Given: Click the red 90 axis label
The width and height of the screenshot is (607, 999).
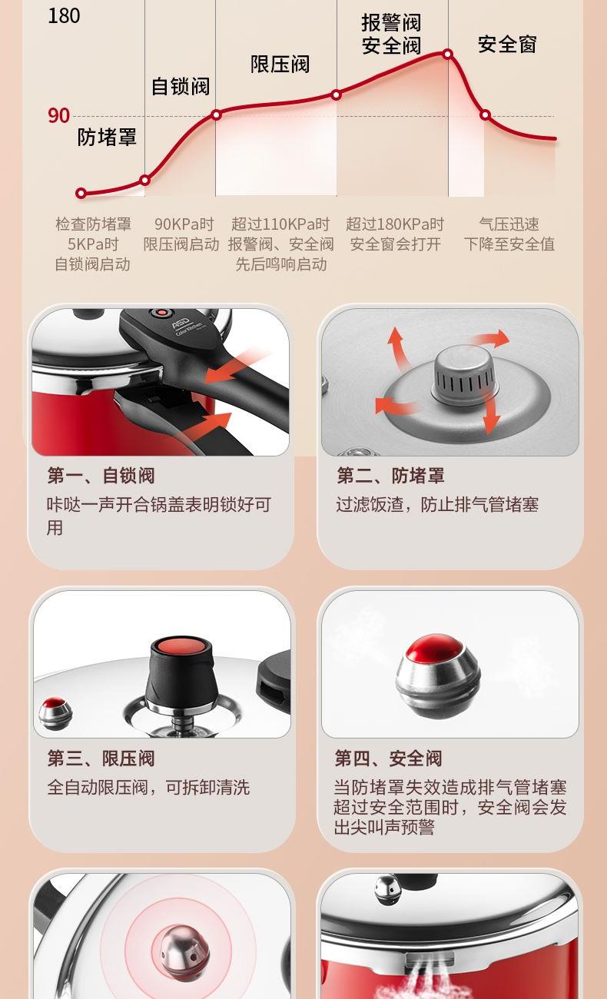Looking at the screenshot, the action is (x=58, y=115).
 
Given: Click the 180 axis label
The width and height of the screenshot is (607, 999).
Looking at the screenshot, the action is (x=64, y=15).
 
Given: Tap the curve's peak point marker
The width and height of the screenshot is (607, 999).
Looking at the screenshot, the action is (x=448, y=55).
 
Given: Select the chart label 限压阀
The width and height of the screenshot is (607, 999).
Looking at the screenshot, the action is (x=280, y=65).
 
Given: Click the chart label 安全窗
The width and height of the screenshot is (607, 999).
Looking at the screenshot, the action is (x=507, y=45).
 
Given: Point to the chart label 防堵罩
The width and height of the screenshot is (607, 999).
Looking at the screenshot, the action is (x=107, y=137).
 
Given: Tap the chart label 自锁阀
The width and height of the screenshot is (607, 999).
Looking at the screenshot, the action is (x=181, y=86).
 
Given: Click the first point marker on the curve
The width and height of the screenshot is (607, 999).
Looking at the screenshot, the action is (x=81, y=193).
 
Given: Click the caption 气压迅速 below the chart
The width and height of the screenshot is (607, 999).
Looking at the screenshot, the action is (x=509, y=224).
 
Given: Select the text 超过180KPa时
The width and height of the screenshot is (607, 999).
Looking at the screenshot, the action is (x=395, y=224).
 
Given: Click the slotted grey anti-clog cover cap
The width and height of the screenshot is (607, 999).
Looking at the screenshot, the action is (x=464, y=374).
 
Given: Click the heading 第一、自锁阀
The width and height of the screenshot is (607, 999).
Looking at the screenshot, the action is (x=101, y=476).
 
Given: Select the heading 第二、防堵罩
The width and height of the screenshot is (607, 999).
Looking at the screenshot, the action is (x=390, y=476).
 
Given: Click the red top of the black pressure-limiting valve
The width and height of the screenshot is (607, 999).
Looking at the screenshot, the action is (x=181, y=646).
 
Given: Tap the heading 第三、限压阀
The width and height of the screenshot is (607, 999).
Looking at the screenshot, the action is (x=101, y=758).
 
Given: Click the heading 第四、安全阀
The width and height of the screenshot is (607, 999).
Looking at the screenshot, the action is (x=389, y=758).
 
